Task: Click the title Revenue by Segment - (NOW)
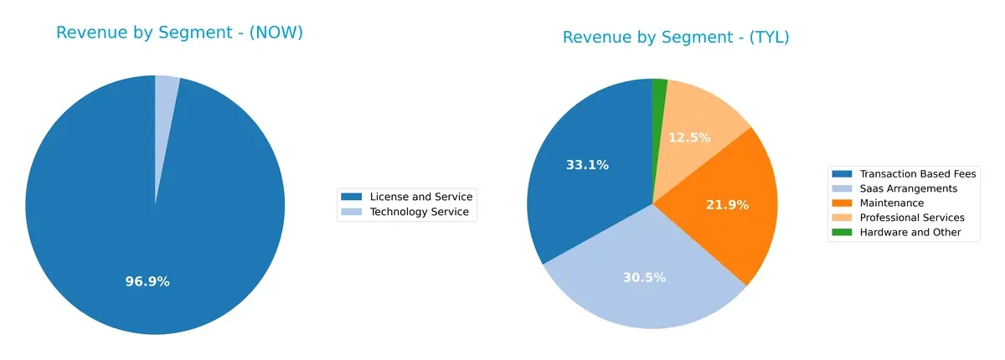click(179, 33)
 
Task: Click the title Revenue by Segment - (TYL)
click(676, 38)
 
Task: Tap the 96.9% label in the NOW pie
click(147, 281)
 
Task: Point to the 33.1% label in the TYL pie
click(587, 165)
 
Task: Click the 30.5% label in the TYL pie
click(644, 277)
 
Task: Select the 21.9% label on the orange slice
click(727, 204)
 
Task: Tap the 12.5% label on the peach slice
click(689, 137)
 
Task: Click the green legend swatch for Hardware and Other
click(842, 232)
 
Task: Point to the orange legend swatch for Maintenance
click(842, 203)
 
